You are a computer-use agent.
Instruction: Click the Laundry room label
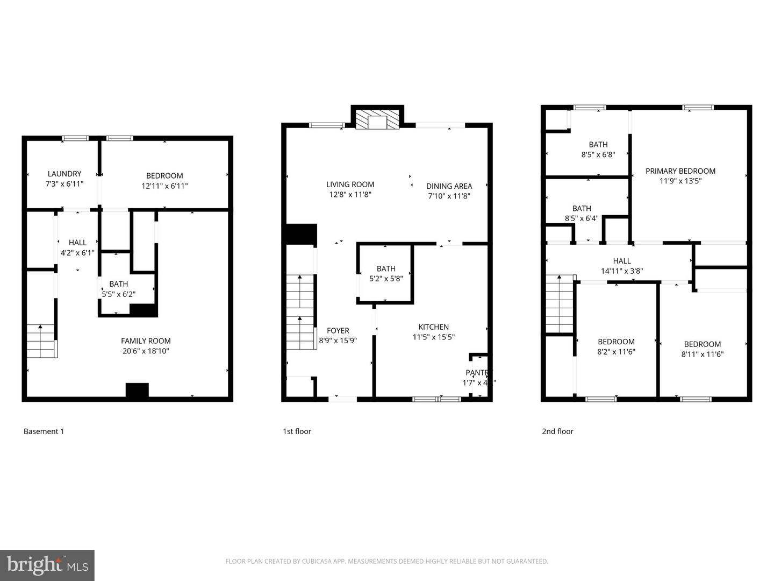click(x=64, y=174)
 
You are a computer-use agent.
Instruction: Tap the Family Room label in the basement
click(x=146, y=341)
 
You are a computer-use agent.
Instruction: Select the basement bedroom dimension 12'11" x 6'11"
click(x=164, y=186)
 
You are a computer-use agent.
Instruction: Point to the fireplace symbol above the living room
click(x=377, y=120)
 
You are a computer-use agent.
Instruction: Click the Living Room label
click(x=350, y=184)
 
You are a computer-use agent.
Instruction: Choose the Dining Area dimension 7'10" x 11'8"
click(x=449, y=196)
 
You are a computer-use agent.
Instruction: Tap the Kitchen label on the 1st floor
click(x=433, y=327)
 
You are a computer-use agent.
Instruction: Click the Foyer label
click(x=338, y=330)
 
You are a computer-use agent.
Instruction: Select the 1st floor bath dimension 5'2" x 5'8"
click(x=386, y=279)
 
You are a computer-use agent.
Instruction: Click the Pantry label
click(x=477, y=373)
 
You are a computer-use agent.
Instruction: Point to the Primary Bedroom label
click(x=680, y=171)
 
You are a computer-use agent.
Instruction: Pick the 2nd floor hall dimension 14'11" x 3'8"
click(x=621, y=271)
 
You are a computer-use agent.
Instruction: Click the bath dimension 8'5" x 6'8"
click(x=598, y=154)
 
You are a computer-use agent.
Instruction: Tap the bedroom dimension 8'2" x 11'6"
click(x=616, y=352)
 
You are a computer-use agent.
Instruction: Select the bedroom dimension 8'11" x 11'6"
click(x=702, y=355)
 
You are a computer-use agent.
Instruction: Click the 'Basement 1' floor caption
click(x=44, y=431)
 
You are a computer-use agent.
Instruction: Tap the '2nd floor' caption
click(x=557, y=431)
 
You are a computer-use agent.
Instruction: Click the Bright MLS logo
click(x=47, y=565)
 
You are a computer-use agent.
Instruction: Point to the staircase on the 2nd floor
click(x=560, y=304)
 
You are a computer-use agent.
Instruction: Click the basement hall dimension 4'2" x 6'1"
click(x=77, y=253)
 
